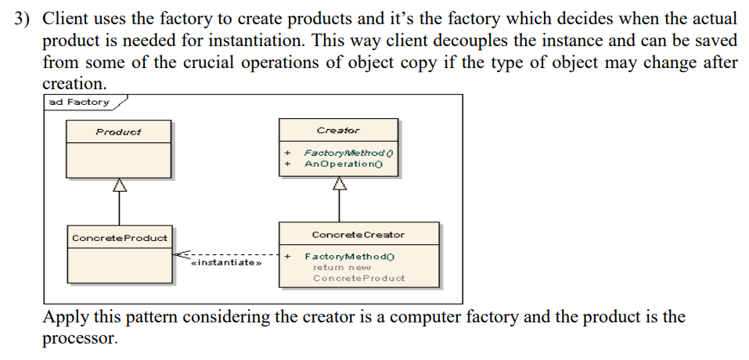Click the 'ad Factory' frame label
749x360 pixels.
click(x=78, y=102)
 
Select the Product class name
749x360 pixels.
click(x=118, y=131)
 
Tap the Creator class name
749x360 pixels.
click(x=338, y=130)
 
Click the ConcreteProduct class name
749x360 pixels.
click(x=119, y=238)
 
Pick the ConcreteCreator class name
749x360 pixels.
click(x=358, y=235)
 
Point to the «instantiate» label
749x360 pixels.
click(x=225, y=263)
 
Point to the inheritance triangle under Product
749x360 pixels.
click(x=119, y=185)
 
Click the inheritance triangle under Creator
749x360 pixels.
click(x=339, y=184)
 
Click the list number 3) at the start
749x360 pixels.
click(x=26, y=19)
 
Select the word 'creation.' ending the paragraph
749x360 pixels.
click(x=74, y=83)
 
